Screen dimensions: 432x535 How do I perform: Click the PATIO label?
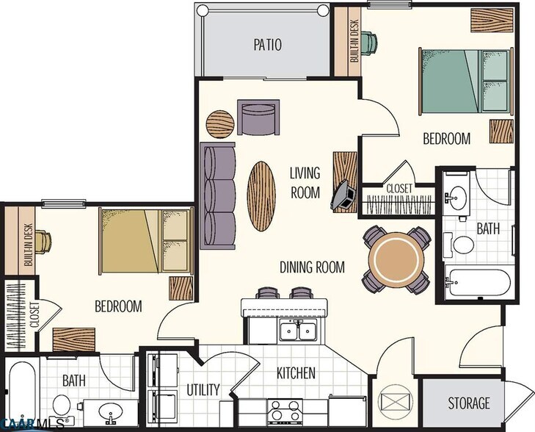point(268,44)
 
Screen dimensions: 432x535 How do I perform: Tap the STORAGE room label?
point(469,403)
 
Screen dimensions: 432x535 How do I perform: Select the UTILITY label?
point(203,389)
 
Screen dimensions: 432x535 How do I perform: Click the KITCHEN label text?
point(296,373)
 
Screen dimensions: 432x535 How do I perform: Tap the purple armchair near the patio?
point(258,117)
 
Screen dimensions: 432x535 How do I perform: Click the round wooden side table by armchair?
point(220,123)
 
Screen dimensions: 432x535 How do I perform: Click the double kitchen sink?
point(299,331)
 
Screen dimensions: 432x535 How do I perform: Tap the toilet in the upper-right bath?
point(463,245)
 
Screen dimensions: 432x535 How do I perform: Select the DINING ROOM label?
point(312,267)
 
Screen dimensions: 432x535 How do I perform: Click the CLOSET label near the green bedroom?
point(399,189)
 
